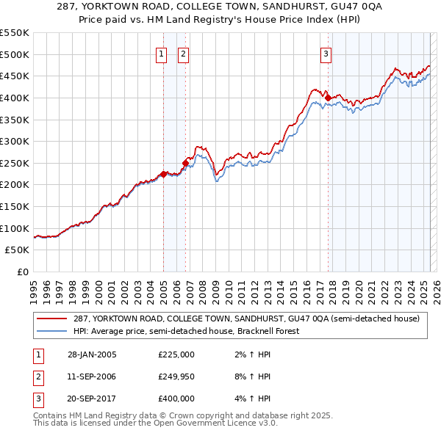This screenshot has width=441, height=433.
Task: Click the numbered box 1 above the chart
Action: click(x=161, y=54)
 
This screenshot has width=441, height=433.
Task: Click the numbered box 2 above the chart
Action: click(x=182, y=54)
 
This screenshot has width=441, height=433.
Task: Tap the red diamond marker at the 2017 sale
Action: click(x=328, y=98)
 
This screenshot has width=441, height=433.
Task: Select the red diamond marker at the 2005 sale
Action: click(x=164, y=174)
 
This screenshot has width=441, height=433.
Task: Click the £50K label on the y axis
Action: click(x=18, y=250)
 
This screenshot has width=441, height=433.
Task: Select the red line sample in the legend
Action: click(x=53, y=319)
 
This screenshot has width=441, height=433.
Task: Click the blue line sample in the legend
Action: click(x=53, y=331)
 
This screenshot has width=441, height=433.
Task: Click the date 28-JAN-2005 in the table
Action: click(x=91, y=355)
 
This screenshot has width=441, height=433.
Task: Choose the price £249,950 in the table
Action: click(x=176, y=377)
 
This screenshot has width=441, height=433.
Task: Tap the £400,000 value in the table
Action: click(x=176, y=399)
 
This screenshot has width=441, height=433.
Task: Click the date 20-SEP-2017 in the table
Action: click(x=91, y=399)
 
